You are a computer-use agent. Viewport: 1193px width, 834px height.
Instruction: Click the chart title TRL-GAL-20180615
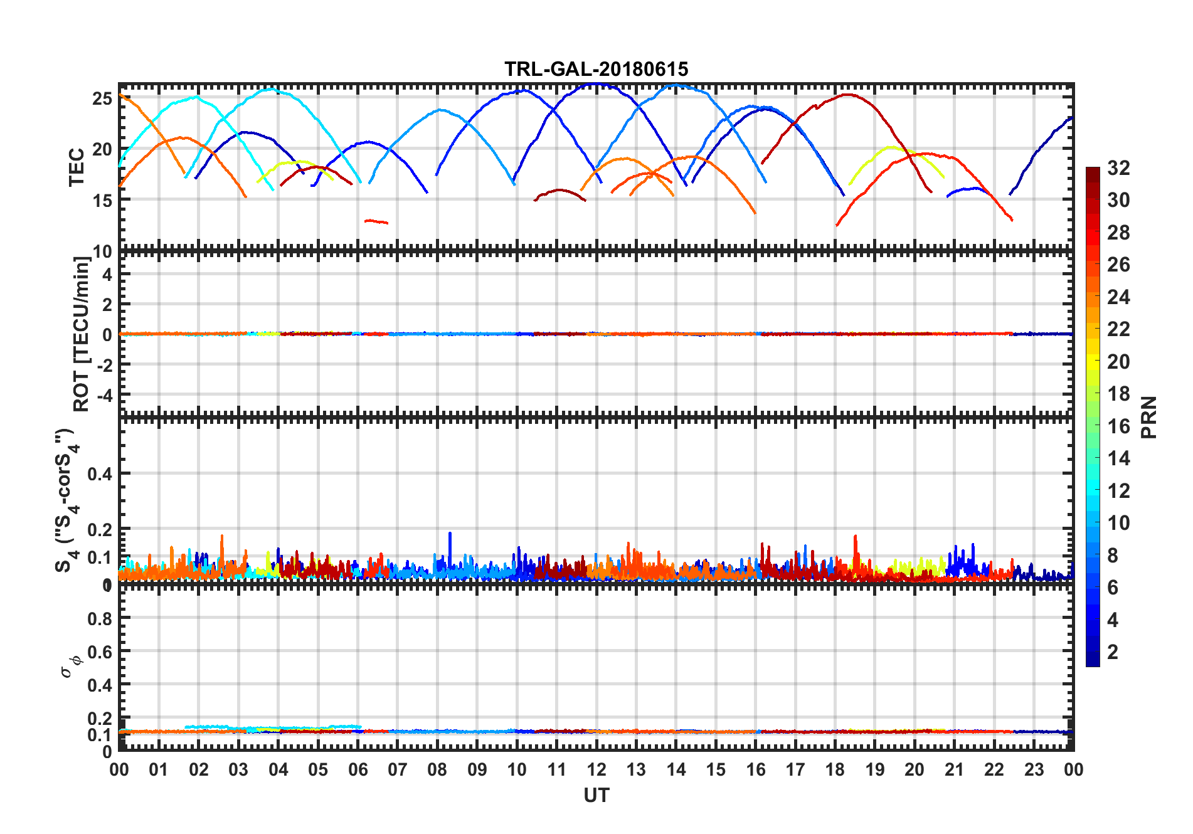point(596,69)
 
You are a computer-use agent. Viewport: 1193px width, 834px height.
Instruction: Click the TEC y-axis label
point(77,167)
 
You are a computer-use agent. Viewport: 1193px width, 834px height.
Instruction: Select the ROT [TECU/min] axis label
point(82,334)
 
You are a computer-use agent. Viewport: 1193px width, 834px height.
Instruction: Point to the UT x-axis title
point(596,796)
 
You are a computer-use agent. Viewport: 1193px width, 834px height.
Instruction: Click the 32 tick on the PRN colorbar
point(1118,168)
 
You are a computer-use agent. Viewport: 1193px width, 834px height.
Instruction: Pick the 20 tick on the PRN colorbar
point(1118,362)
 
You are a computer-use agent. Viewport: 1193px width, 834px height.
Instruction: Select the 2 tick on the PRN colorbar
point(1113,652)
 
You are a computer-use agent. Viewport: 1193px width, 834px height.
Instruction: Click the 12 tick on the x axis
point(596,769)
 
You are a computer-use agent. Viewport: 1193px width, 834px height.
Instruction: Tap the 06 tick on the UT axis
point(358,769)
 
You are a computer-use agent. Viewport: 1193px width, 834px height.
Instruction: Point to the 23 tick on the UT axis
point(1034,769)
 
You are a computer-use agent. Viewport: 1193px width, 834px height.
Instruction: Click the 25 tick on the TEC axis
point(102,98)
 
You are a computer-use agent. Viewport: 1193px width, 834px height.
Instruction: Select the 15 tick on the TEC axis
point(102,200)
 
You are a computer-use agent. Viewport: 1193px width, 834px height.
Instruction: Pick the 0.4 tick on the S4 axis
point(100,474)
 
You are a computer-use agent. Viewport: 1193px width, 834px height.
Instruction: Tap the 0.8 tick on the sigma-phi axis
point(100,619)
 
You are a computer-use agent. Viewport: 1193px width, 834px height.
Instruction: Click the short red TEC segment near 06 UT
point(376,221)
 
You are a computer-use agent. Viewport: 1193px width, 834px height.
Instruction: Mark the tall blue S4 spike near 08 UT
point(450,536)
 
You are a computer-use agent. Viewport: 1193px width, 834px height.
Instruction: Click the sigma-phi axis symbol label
point(71,666)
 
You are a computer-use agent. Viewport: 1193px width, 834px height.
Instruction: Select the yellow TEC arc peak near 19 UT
point(891,147)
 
